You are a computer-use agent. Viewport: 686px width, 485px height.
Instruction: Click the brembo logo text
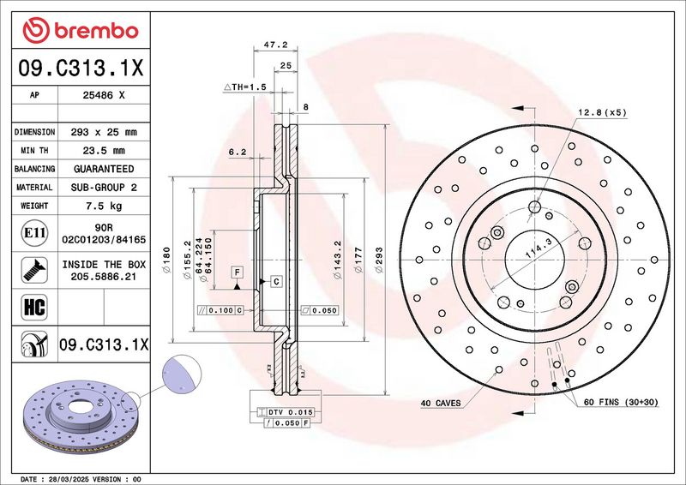(96, 31)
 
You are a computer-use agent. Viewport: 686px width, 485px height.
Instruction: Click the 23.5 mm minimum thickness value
(104, 151)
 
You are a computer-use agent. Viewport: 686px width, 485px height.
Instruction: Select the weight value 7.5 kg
(104, 206)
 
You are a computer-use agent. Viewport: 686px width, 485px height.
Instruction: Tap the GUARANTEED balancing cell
(104, 169)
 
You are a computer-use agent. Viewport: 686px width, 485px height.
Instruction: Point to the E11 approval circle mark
(34, 233)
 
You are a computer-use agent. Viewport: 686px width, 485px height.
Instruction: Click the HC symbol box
(34, 307)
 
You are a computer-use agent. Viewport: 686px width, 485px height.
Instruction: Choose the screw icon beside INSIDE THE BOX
(34, 270)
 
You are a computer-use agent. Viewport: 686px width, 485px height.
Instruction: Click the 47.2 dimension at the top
(275, 45)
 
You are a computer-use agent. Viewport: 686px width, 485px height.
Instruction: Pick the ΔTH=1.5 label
(245, 87)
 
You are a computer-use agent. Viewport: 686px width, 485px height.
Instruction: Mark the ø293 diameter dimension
(379, 260)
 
